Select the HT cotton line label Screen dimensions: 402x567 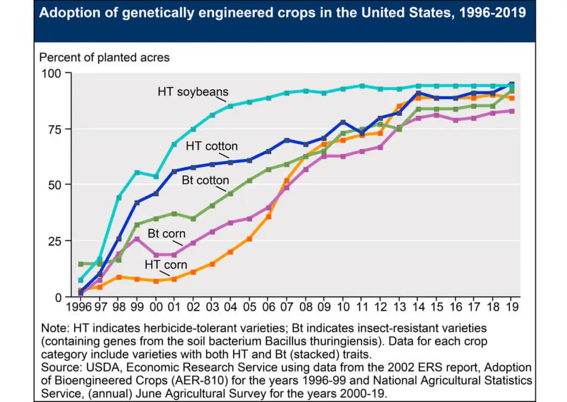pyautogui.click(x=212, y=146)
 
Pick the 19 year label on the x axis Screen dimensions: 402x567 pyautogui.click(x=512, y=306)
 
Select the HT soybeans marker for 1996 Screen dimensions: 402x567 pyautogui.click(x=81, y=280)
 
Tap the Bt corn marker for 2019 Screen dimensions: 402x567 pyautogui.click(x=513, y=111)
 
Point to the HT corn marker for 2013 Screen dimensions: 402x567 pyautogui.click(x=400, y=106)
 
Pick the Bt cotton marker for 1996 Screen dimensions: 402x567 pyautogui.click(x=81, y=264)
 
